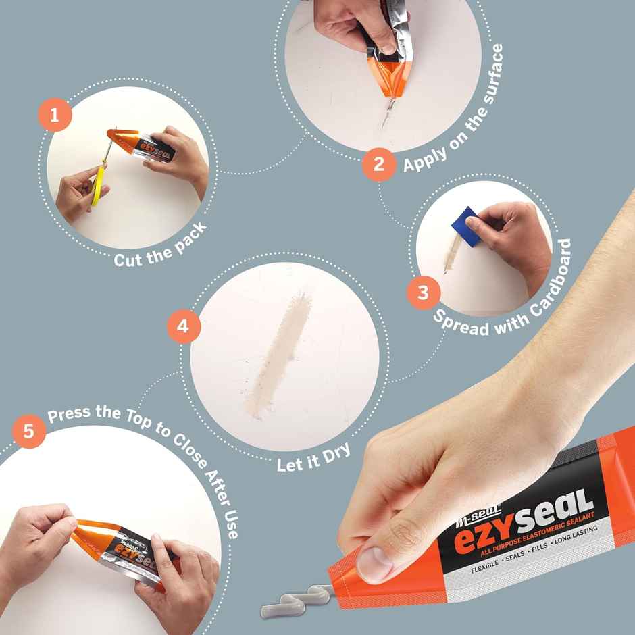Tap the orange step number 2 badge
pyautogui.click(x=378, y=164)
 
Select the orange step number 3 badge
pyautogui.click(x=424, y=293)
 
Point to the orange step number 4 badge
pyautogui.click(x=184, y=327)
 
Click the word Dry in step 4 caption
pyautogui.click(x=336, y=453)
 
